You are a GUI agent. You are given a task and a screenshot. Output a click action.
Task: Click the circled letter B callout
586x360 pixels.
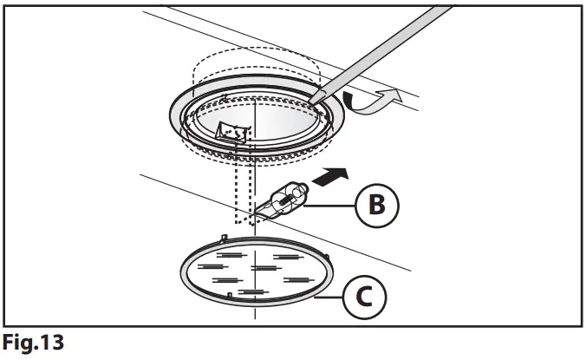[x=376, y=206]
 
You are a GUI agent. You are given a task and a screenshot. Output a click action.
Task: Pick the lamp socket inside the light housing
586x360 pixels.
[x=231, y=133]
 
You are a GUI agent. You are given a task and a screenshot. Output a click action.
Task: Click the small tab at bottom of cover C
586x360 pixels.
[x=230, y=297]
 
